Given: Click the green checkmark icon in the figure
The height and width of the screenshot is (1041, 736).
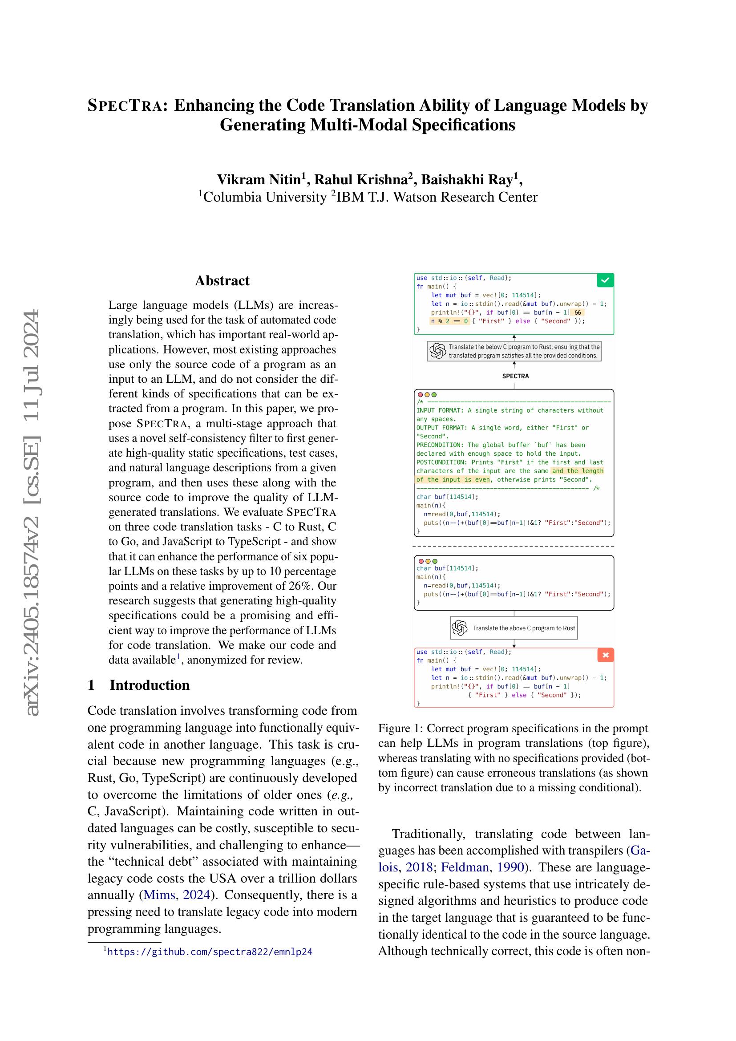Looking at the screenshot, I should click(x=606, y=281).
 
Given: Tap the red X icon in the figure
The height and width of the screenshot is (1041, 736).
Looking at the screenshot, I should click(x=606, y=655).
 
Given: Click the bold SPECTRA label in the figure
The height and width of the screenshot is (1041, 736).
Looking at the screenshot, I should click(x=515, y=376).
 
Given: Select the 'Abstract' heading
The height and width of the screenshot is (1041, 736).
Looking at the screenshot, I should click(x=222, y=281).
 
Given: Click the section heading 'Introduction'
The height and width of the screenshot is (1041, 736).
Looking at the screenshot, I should click(x=149, y=685).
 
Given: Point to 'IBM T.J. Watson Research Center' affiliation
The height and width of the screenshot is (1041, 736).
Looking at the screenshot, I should click(x=437, y=197).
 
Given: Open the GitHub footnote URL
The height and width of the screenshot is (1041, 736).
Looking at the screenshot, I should click(x=210, y=952).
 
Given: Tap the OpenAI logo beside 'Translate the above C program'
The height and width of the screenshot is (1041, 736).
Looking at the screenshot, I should click(x=460, y=628).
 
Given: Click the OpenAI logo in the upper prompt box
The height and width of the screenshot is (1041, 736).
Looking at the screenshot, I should click(x=438, y=351).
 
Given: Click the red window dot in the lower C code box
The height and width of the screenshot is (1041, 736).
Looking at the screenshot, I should click(x=421, y=561).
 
